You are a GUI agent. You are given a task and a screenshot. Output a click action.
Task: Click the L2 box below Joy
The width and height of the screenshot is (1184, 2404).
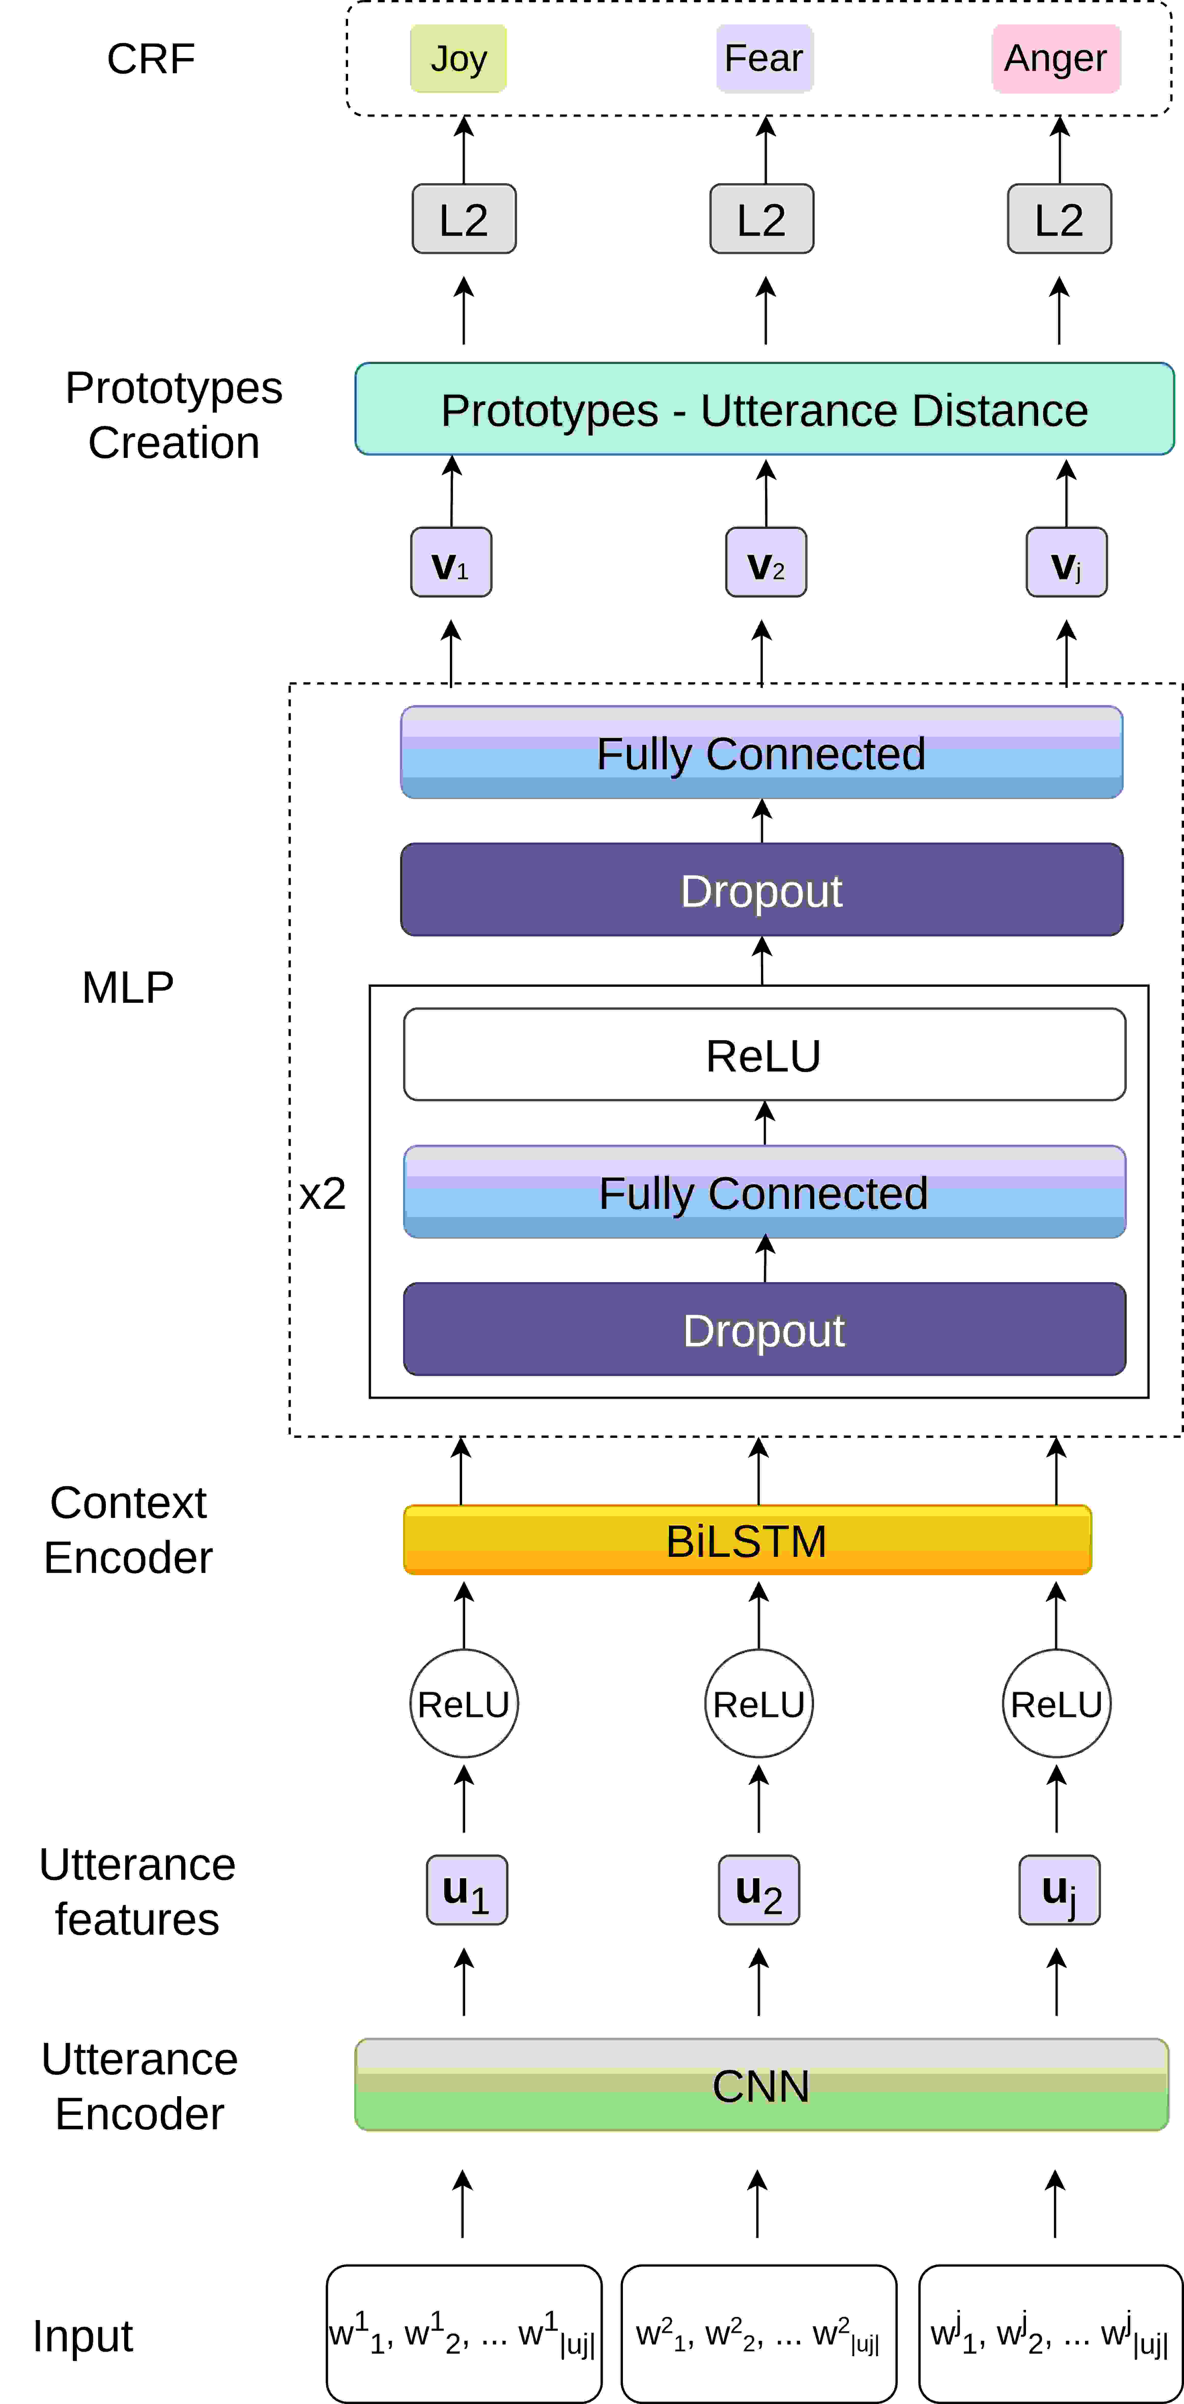click(x=464, y=219)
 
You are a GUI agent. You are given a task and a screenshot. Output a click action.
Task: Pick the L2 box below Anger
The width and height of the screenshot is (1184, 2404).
click(x=1059, y=219)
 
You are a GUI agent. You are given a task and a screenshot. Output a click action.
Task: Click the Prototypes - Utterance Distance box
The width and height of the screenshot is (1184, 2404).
click(x=764, y=409)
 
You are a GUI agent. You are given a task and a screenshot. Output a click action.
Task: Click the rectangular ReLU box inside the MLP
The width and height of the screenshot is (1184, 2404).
click(x=764, y=1054)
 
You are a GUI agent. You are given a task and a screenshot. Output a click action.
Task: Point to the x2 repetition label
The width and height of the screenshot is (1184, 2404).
click(x=322, y=1194)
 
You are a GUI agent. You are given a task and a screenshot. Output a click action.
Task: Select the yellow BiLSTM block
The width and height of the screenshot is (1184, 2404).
click(x=747, y=1540)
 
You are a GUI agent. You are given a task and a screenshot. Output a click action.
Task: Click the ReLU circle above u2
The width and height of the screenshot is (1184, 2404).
click(x=759, y=1704)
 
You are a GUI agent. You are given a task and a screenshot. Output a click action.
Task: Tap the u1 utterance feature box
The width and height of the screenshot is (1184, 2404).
click(x=467, y=1890)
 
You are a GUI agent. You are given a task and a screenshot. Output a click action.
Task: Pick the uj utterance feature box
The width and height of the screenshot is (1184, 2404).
click(x=1060, y=1890)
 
